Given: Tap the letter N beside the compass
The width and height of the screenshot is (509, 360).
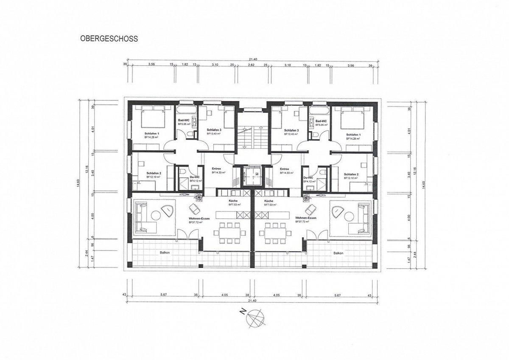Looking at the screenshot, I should point(242,312).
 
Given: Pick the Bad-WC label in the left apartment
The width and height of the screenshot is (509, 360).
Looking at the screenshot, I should point(183,121).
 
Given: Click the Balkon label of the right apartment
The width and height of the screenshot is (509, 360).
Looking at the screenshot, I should point(338,253).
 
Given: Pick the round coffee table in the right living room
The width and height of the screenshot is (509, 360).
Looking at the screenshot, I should point(350,216).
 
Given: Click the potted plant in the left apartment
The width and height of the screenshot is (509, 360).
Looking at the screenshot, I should point(198,197).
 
